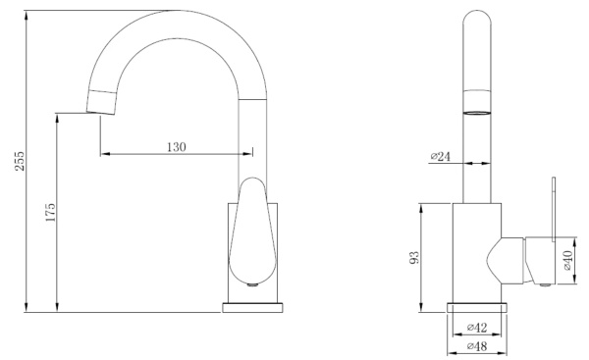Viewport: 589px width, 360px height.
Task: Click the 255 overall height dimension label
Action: pyautogui.click(x=20, y=161)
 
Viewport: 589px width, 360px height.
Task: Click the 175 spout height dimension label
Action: pyautogui.click(x=50, y=213)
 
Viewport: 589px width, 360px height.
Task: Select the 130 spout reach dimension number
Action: pyautogui.click(x=177, y=147)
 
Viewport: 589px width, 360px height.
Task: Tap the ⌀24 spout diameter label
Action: pyautogui.click(x=440, y=156)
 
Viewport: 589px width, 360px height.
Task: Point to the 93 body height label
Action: pyautogui.click(x=413, y=258)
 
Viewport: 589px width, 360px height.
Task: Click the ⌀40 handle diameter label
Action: pyautogui.click(x=567, y=260)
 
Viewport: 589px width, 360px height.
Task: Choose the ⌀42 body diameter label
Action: pyautogui.click(x=477, y=328)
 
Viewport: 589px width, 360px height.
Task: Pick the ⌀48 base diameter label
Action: pyautogui.click(x=477, y=346)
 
